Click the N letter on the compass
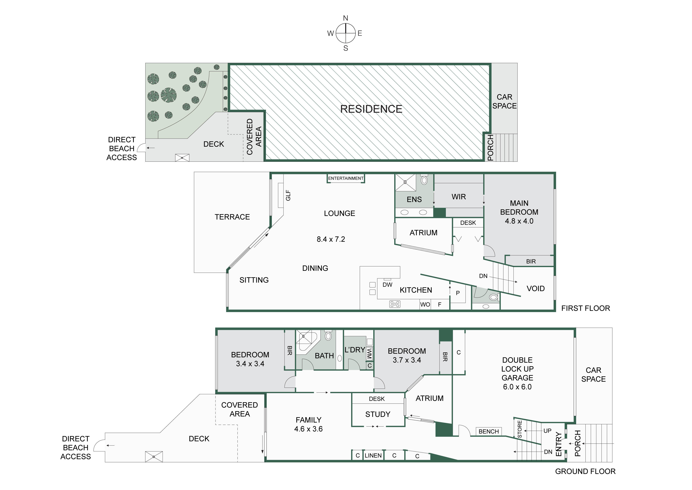click(x=346, y=18)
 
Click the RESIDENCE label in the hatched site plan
click(x=371, y=109)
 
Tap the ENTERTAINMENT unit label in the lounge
click(x=346, y=178)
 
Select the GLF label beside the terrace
click(x=288, y=195)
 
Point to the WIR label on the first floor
click(x=459, y=197)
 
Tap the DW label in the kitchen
click(x=388, y=284)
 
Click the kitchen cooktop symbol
click(x=395, y=304)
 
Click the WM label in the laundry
click(x=369, y=353)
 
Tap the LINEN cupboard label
click(x=373, y=455)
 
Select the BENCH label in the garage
click(x=489, y=431)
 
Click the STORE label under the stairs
click(x=520, y=429)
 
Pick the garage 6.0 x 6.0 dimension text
click(x=517, y=387)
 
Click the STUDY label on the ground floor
click(x=378, y=414)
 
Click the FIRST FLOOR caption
click(x=585, y=308)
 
